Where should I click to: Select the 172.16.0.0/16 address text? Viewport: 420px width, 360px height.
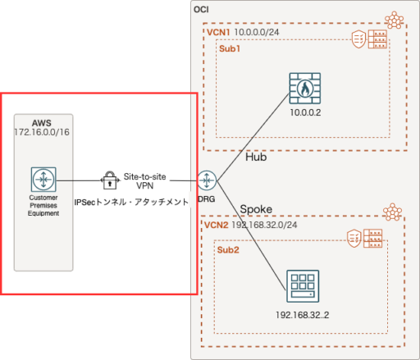point(41,131)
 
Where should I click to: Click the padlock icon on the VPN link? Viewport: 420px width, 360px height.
point(108,180)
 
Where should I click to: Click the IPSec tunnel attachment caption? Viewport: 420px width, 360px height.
point(131,201)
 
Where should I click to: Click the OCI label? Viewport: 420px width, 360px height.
point(202,8)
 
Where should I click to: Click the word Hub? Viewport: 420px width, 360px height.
point(256,157)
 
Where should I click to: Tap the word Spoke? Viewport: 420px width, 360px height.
point(258,208)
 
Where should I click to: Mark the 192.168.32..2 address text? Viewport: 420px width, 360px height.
point(302,314)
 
